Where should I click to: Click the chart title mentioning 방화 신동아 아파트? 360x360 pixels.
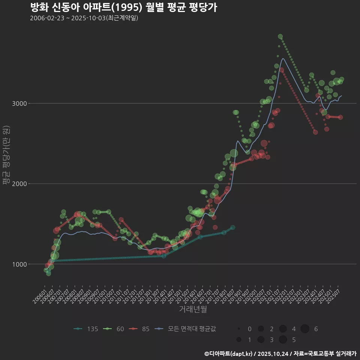coord(123,7)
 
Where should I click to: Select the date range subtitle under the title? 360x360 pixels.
coord(84,18)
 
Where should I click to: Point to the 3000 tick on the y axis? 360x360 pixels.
coord(19,103)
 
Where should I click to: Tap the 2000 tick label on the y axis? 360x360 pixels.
coord(19,184)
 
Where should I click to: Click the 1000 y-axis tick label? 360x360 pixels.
coord(19,264)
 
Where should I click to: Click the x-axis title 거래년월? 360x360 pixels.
coord(193,309)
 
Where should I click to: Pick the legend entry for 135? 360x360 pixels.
coord(86,329)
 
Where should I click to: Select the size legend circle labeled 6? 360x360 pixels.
coord(305,329)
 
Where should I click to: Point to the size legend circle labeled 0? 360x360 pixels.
coord(239,329)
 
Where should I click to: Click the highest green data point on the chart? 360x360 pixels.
coord(280,36)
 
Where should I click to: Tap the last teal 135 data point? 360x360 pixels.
coord(232,228)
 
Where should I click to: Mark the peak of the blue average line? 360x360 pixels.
coord(283,58)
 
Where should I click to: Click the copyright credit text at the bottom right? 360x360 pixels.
coord(280,354)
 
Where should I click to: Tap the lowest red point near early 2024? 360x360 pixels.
coord(315,132)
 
